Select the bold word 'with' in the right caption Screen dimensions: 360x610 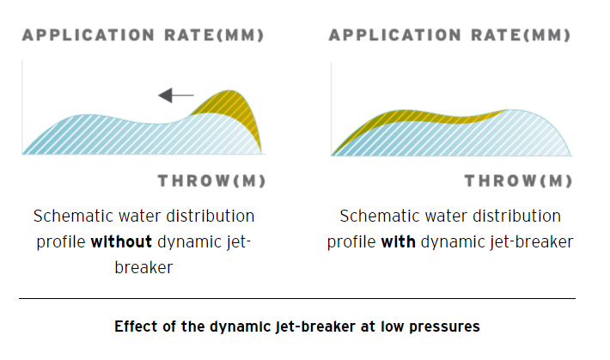pyautogui.click(x=398, y=241)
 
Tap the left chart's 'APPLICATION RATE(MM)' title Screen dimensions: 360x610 pyautogui.click(x=143, y=35)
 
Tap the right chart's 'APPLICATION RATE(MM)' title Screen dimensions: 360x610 pyautogui.click(x=449, y=35)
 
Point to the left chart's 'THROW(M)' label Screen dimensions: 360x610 pyautogui.click(x=211, y=181)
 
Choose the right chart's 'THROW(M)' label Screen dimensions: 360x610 pyautogui.click(x=518, y=181)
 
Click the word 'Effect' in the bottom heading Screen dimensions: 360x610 pyautogui.click(x=135, y=326)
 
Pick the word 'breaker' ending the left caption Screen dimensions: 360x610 pyautogui.click(x=143, y=267)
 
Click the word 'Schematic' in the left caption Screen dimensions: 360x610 pyautogui.click(x=71, y=216)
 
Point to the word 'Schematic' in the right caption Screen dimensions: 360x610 pyautogui.click(x=378, y=216)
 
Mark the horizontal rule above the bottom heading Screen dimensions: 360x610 pyautogui.click(x=297, y=299)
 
